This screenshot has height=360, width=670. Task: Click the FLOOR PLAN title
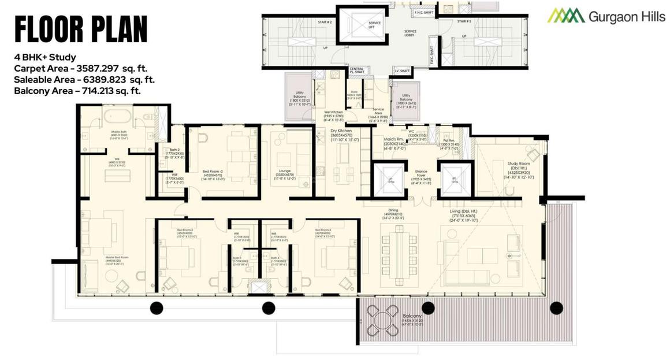pyautogui.click(x=80, y=29)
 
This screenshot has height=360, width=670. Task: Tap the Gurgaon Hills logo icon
pyautogui.click(x=566, y=16)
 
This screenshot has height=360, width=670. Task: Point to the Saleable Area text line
pyautogui.click(x=84, y=80)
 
